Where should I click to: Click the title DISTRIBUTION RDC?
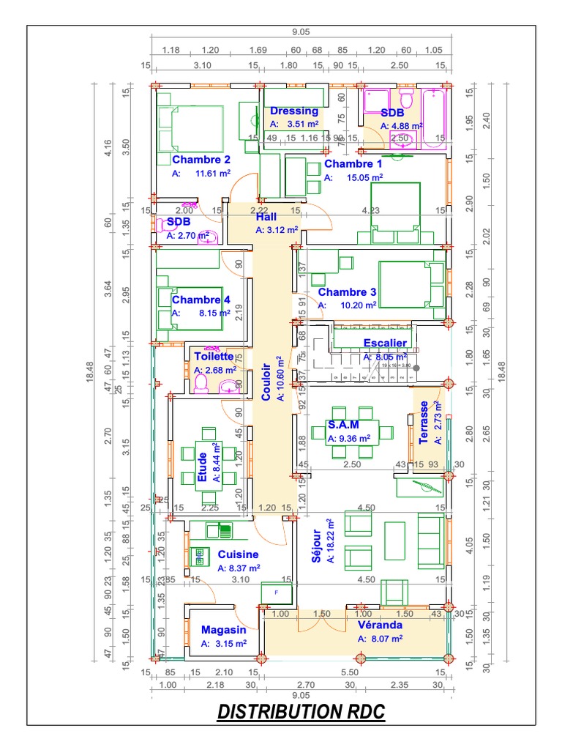click(x=301, y=711)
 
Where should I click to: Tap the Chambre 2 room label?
click(x=201, y=160)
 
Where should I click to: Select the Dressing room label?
click(x=294, y=111)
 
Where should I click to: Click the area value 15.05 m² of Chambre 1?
click(x=364, y=177)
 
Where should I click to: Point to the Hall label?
click(x=266, y=218)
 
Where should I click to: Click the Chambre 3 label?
click(x=347, y=292)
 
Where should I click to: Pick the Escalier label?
click(x=385, y=343)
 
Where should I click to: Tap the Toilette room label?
click(x=214, y=357)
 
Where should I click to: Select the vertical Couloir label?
click(x=266, y=382)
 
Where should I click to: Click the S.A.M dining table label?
click(x=343, y=425)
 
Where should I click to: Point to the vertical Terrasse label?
click(x=424, y=422)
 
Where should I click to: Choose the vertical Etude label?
click(x=202, y=467)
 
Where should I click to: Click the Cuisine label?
click(x=238, y=554)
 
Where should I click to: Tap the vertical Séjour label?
click(x=317, y=546)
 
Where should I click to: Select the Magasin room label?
click(x=223, y=629)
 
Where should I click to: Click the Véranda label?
click(x=380, y=625)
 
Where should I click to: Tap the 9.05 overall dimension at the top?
click(x=300, y=31)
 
